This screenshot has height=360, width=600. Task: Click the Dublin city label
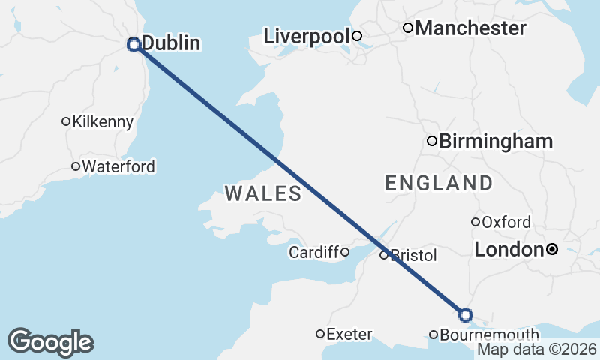tap(171, 43)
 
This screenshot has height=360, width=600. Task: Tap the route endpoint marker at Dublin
tap(134, 44)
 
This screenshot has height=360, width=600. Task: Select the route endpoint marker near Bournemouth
tap(466, 315)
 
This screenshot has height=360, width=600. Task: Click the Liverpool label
tap(307, 36)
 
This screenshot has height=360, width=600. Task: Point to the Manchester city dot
tap(408, 28)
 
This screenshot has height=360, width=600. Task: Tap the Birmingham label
tap(496, 141)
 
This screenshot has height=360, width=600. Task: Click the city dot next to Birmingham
tap(432, 141)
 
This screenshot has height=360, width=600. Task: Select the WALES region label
tap(263, 194)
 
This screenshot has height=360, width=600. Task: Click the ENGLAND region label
tap(439, 183)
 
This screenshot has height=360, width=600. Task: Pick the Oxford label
tap(506, 222)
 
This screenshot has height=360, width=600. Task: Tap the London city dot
tap(552, 249)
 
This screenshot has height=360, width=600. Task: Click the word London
tap(508, 249)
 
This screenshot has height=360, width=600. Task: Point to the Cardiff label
tap(314, 252)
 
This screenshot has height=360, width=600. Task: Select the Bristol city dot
tap(383, 255)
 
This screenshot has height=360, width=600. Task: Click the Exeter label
tap(350, 334)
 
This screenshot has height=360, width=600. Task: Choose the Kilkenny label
tap(103, 121)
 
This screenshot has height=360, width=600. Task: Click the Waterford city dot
tap(75, 166)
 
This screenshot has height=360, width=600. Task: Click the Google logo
tap(50, 342)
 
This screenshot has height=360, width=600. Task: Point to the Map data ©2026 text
tap(537, 349)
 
